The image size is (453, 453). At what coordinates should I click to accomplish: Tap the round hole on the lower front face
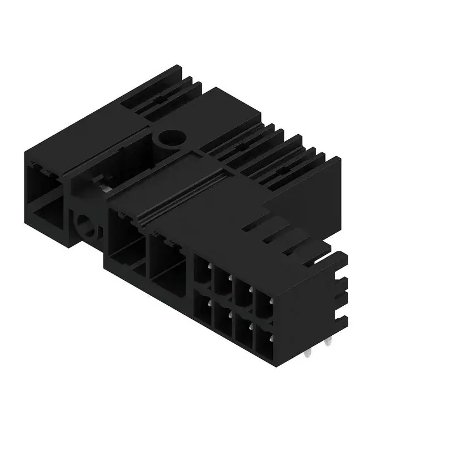click(87, 226)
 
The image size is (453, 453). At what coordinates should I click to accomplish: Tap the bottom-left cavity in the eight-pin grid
click(202, 309)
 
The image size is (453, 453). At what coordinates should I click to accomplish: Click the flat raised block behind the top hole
click(226, 113)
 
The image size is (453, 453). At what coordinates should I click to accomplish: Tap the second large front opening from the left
click(127, 243)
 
